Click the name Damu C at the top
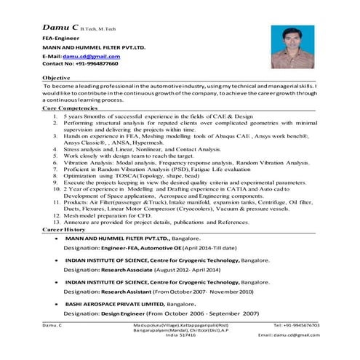[60, 25]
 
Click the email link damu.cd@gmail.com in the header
[92, 56]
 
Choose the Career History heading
[65, 229]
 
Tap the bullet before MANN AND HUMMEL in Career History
[47, 239]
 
